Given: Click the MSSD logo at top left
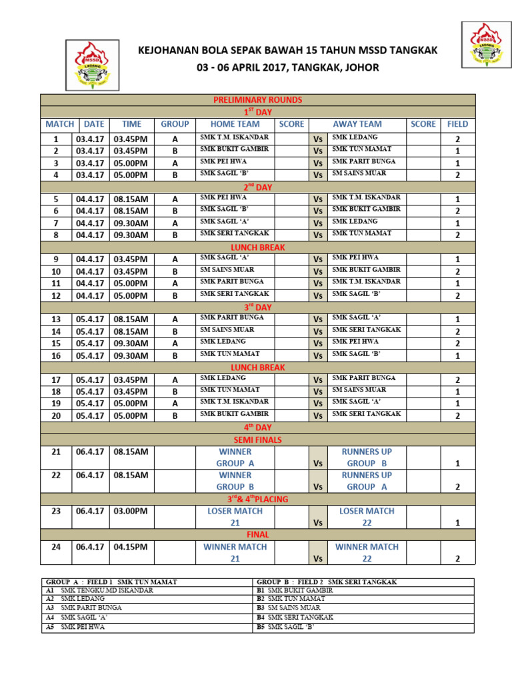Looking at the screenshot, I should (x=93, y=64).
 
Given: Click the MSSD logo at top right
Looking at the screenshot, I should (x=487, y=44).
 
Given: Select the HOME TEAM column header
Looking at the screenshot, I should (x=235, y=124).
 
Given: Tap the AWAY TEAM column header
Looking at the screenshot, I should (x=357, y=124).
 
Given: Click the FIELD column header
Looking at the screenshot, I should (x=457, y=124).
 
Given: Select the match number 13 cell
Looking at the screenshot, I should (x=56, y=319).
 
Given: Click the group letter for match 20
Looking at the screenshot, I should (x=175, y=416).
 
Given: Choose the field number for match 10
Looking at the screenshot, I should (x=457, y=271).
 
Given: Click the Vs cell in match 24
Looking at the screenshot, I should (x=318, y=559).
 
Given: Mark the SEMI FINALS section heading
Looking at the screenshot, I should (x=257, y=440).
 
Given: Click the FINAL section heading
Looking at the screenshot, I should (x=257, y=534).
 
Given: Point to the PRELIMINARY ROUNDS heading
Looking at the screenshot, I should (x=257, y=100).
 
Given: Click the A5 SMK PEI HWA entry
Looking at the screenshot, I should (x=83, y=628).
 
